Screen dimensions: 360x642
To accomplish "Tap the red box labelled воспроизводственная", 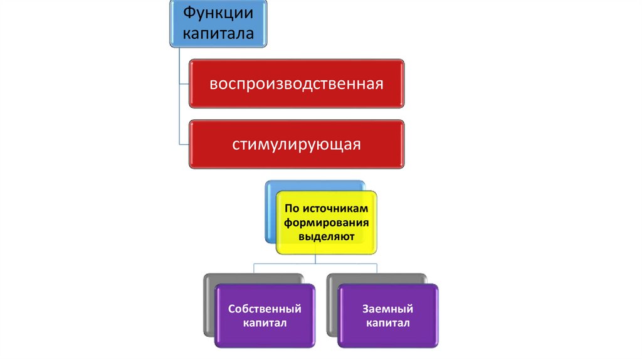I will click(x=297, y=84).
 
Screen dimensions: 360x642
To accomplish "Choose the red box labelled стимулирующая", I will click(x=297, y=145).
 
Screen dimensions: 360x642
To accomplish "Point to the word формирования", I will click(x=326, y=223).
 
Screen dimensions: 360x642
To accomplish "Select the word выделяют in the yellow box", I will click(x=326, y=237).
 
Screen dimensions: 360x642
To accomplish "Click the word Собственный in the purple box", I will click(x=265, y=309).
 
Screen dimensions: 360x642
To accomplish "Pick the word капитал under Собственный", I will click(x=265, y=324).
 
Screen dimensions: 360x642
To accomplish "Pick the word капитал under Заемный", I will click(x=388, y=324).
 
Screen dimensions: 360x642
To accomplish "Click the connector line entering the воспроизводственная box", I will click(x=184, y=84).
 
